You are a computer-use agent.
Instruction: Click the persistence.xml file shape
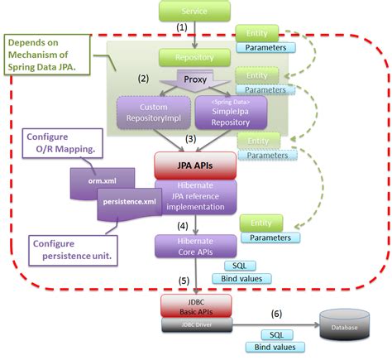coord(126,202)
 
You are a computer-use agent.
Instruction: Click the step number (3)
coord(191,140)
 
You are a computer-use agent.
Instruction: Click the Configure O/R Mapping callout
coord(60,142)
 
